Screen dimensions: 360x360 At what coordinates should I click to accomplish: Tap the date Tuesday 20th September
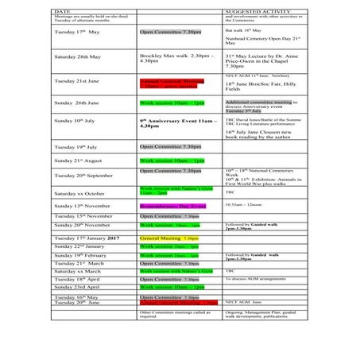coord(83,175)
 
